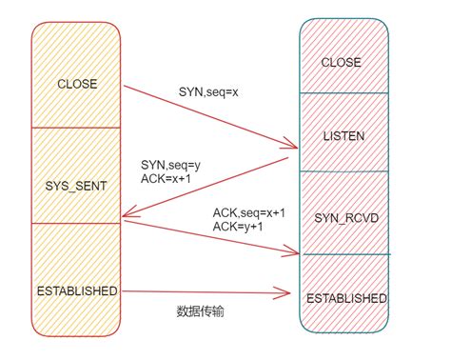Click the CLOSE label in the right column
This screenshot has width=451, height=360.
(341, 63)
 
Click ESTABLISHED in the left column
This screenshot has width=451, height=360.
(75, 290)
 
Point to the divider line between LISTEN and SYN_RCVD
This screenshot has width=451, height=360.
(344, 171)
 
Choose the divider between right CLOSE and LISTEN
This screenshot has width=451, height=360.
(344, 92)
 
